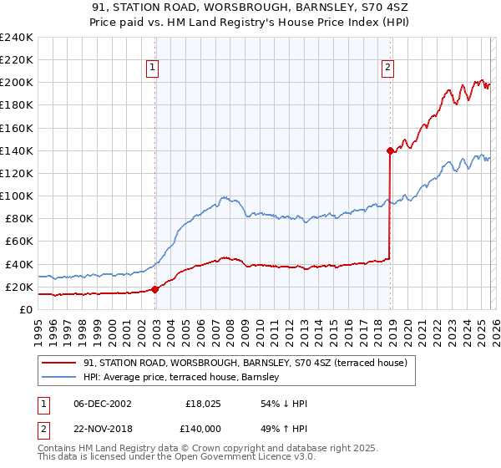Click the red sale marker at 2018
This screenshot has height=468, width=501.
[390, 150]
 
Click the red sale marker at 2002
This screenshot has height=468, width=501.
[155, 289]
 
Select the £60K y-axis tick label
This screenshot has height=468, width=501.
[19, 242]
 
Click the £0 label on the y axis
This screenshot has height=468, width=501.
[26, 309]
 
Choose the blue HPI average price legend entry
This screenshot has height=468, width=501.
[185, 378]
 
